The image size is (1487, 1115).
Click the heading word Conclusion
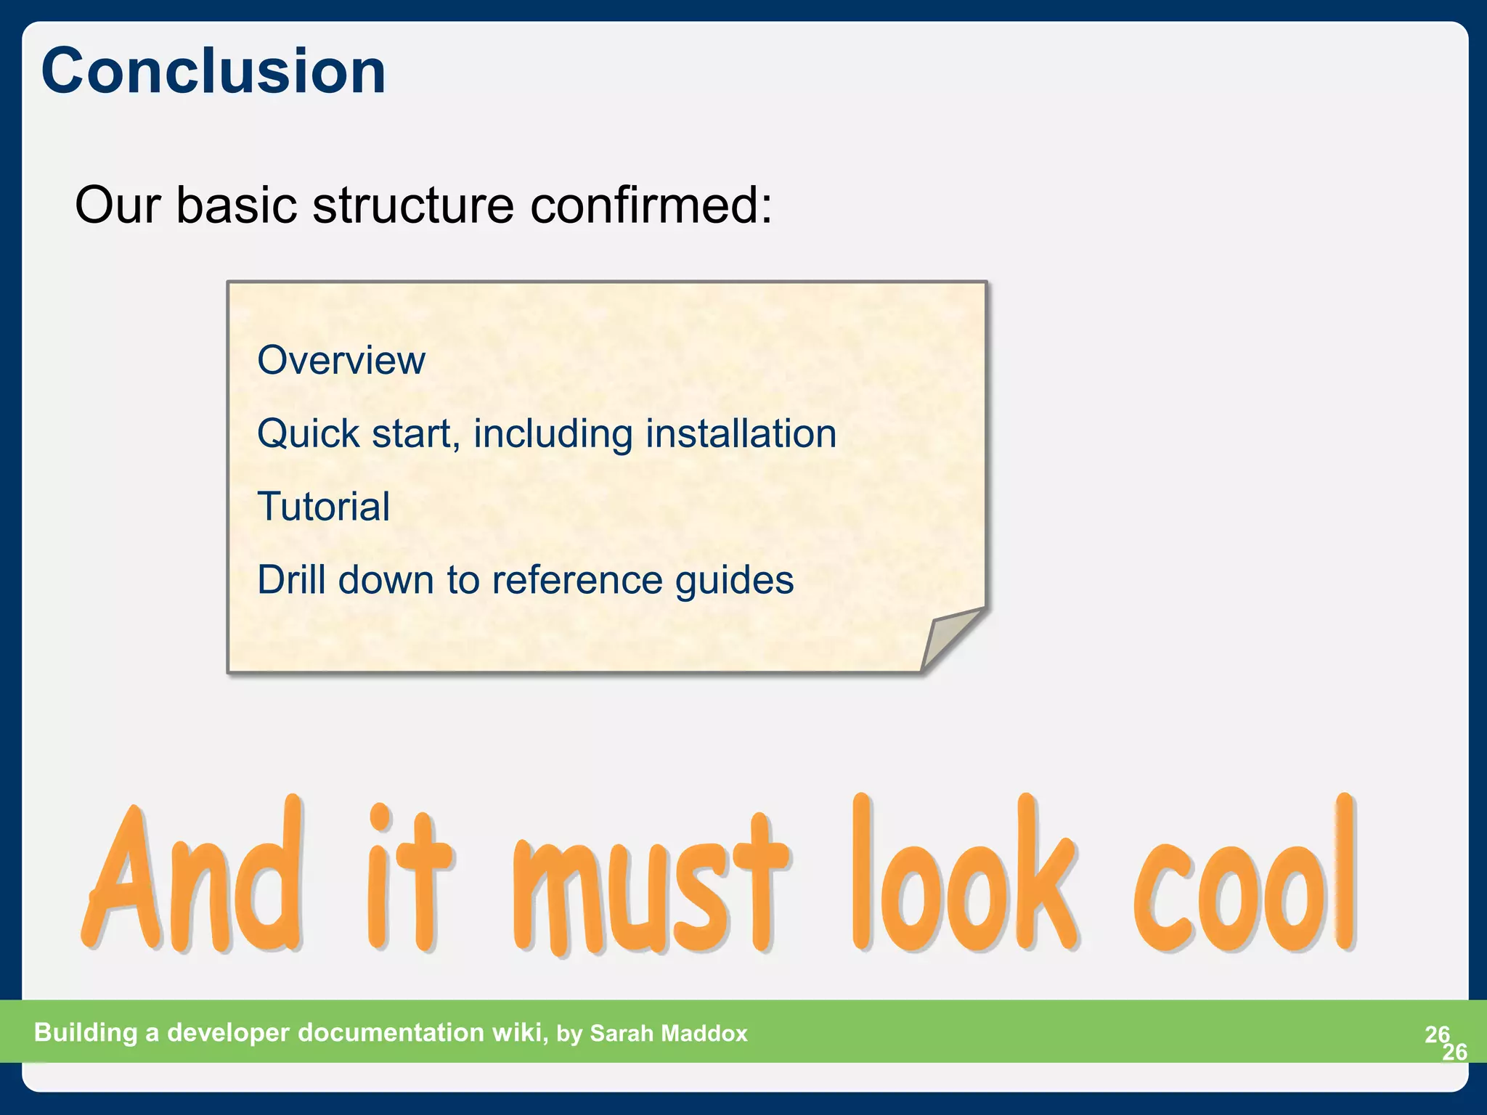pos(213,71)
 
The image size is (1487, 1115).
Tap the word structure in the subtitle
pos(413,205)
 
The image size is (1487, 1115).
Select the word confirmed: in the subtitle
pos(651,205)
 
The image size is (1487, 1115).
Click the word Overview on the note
pos(341,361)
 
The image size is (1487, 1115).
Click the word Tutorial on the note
pos(324,507)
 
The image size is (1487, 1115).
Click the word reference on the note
pos(577,580)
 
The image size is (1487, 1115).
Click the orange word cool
pos(1244,878)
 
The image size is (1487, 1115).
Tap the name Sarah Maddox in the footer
pos(668,1034)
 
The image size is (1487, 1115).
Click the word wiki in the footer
pos(519,1032)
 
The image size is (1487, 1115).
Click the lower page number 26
pos(1454,1052)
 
